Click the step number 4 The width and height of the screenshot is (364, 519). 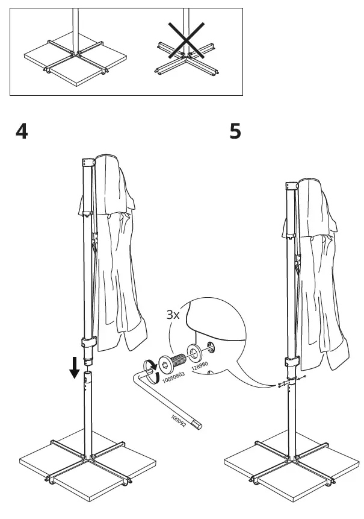point(21,131)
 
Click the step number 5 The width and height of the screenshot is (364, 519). point(235,131)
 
